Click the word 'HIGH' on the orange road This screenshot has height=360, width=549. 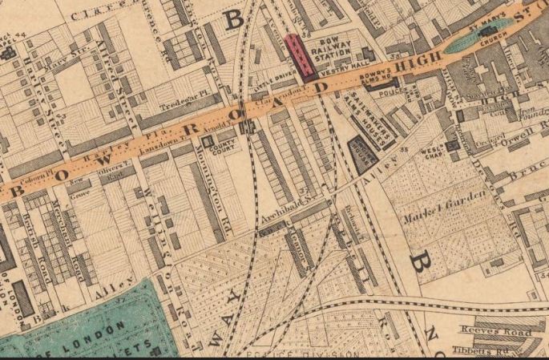point(418,60)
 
